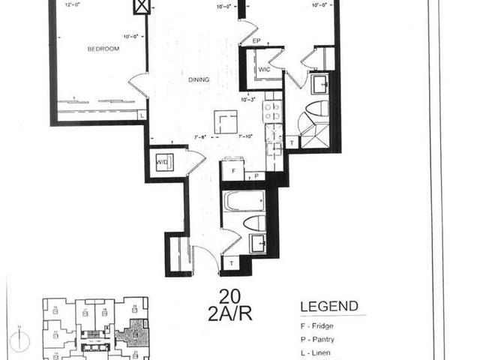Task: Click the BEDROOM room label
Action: pos(103,49)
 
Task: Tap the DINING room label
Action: pos(198,79)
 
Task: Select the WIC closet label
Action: pos(264,69)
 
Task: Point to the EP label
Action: pos(256,40)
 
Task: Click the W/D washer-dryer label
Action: pos(161,163)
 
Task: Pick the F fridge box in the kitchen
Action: pos(232,171)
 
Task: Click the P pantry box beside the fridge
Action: pos(255,176)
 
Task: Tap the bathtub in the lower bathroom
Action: pos(244,201)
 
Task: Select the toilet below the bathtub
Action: pos(254,223)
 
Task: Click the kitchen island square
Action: pos(226,121)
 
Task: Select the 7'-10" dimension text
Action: pos(247,137)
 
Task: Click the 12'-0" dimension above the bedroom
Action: pos(73,6)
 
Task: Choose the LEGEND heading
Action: pos(329,307)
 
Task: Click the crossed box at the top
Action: pos(141,7)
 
